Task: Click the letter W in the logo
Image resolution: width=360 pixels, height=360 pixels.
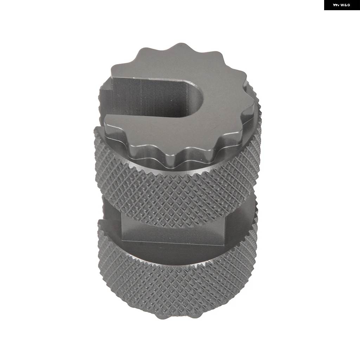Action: (342, 5)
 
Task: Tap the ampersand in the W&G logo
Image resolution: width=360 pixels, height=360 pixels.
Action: (346, 5)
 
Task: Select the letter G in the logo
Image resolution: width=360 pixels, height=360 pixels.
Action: (348, 5)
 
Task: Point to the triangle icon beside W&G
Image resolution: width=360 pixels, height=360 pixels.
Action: (336, 5)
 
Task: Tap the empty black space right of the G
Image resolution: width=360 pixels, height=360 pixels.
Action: (355, 5)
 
